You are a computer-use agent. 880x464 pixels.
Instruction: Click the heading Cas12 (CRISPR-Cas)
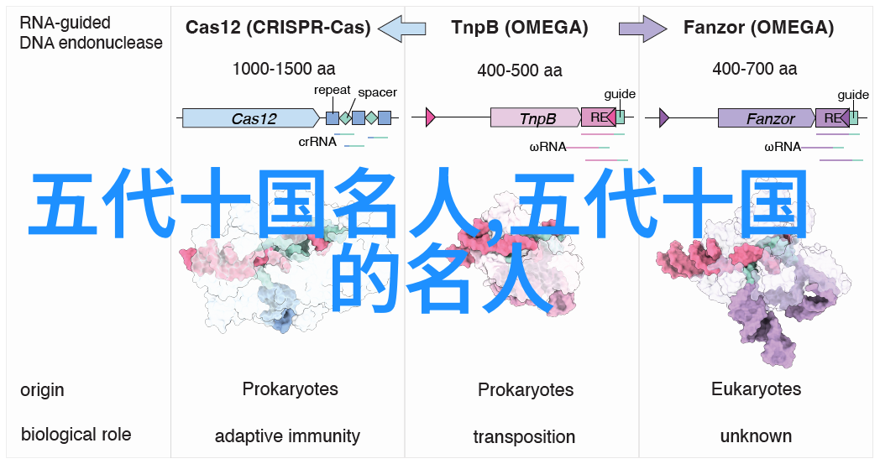(x=278, y=28)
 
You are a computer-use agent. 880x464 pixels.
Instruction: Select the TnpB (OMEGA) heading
(x=520, y=28)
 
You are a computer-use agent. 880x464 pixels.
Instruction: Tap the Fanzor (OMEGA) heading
(x=758, y=28)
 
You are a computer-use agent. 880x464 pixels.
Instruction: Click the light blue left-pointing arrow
(x=402, y=28)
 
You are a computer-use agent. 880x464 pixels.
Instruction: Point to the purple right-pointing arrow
(x=642, y=28)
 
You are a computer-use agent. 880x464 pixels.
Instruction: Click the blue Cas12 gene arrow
(x=251, y=117)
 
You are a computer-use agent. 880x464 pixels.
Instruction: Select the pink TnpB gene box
(x=536, y=117)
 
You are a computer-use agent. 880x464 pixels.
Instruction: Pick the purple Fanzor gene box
(x=767, y=117)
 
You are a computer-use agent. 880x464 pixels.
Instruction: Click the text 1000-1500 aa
(x=284, y=69)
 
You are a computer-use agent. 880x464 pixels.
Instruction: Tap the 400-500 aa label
(x=520, y=70)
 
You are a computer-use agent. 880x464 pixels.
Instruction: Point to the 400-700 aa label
(x=755, y=69)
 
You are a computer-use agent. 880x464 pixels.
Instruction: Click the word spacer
(x=377, y=92)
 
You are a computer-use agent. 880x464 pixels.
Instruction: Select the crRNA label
(x=317, y=142)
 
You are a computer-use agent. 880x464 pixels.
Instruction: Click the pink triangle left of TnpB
(x=431, y=117)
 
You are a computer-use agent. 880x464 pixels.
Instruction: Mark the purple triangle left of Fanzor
(x=664, y=117)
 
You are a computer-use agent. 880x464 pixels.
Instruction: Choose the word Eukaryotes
(x=756, y=389)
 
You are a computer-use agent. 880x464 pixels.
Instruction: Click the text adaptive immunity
(x=287, y=436)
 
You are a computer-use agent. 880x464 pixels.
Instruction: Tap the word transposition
(x=524, y=436)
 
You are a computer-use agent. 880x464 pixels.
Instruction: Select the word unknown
(x=756, y=436)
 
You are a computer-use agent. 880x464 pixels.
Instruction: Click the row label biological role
(x=76, y=435)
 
